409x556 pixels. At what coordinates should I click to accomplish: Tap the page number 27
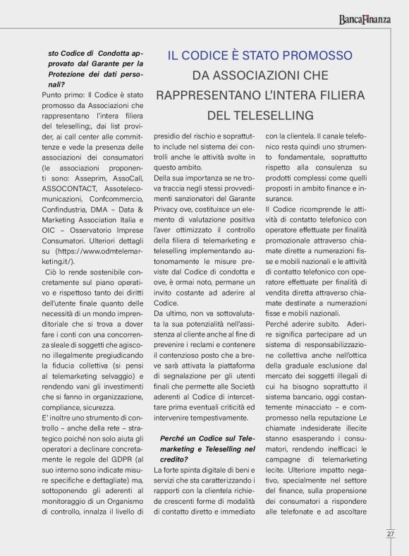coord(390,534)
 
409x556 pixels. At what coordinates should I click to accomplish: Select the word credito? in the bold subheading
coord(176,458)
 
